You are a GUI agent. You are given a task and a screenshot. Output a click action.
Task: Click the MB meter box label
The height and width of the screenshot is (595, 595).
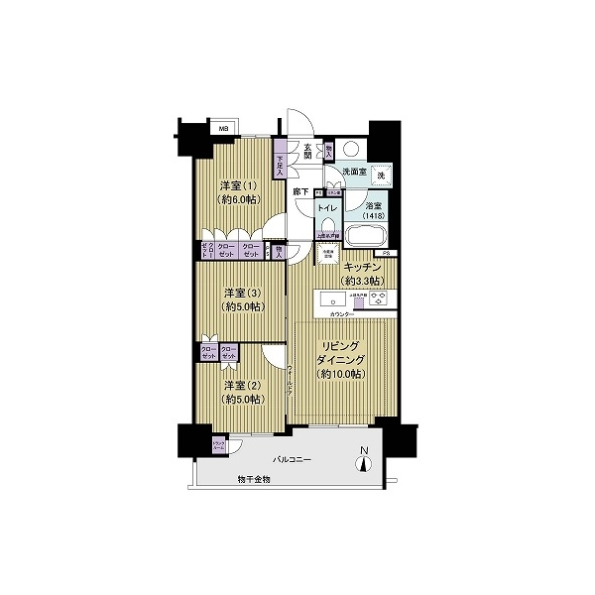pyautogui.click(x=223, y=129)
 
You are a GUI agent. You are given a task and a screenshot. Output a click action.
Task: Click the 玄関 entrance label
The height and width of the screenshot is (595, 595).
pyautogui.click(x=308, y=151)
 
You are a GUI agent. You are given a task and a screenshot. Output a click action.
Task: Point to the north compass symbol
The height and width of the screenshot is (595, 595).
pyautogui.click(x=364, y=461)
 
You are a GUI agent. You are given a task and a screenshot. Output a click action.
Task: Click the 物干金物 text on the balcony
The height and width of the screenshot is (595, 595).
pyautogui.click(x=254, y=479)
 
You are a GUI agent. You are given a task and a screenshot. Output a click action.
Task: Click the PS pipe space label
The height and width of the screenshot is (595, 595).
pyautogui.click(x=390, y=254)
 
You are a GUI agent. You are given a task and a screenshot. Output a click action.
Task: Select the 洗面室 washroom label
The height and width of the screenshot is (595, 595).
pyautogui.click(x=354, y=173)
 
